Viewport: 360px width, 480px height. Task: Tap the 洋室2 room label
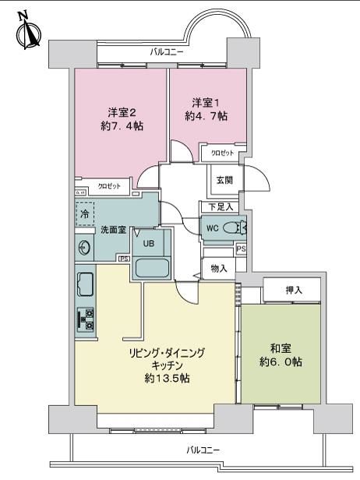[122, 112]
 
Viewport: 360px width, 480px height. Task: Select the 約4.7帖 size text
[206, 116]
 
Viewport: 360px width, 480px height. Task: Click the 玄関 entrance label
[224, 180]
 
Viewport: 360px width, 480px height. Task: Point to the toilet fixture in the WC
[235, 228]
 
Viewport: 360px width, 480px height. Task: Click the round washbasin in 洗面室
[83, 247]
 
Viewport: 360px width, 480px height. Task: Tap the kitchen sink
[86, 284]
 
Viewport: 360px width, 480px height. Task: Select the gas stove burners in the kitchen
[86, 319]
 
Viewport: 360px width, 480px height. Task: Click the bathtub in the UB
[152, 268]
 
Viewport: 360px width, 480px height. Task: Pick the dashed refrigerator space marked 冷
[85, 214]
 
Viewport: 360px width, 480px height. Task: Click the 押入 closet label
[294, 290]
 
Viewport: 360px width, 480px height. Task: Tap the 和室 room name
[281, 348]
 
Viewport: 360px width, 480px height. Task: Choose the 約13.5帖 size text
[167, 379]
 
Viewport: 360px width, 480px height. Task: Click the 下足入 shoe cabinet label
[221, 207]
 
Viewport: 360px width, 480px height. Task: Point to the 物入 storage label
[219, 269]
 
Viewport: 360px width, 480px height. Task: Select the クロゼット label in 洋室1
[223, 153]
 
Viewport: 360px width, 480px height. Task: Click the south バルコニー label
[203, 450]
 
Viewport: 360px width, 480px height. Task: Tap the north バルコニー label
[167, 51]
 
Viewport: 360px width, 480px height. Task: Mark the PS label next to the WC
[242, 249]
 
